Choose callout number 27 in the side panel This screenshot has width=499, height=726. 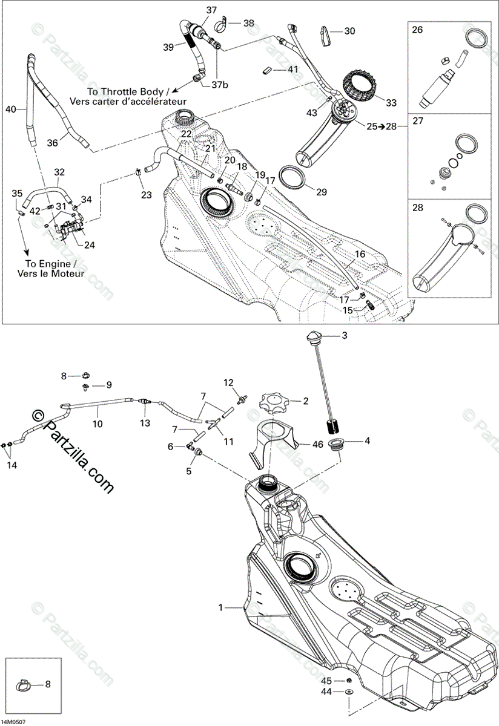point(418,121)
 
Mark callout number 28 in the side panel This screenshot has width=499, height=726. point(418,208)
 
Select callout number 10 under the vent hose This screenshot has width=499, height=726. point(97,424)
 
